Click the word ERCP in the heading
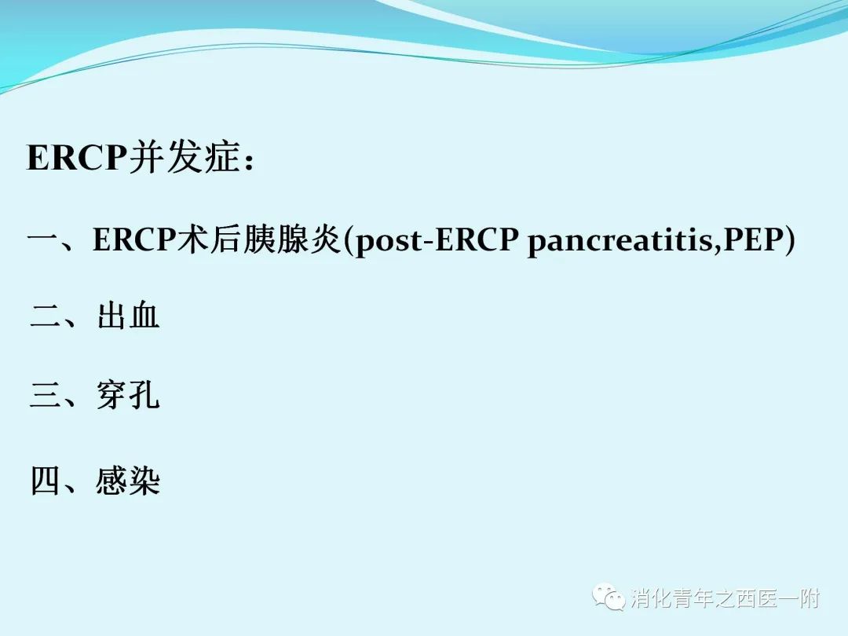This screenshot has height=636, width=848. point(76,157)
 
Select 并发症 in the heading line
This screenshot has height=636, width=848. point(185,157)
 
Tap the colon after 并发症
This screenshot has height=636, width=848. point(249,161)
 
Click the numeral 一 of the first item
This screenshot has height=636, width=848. point(43,239)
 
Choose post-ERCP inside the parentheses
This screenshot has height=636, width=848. point(436,239)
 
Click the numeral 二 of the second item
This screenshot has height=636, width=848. point(46,316)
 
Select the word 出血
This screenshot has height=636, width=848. point(128,315)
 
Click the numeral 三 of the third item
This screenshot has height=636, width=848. point(46,394)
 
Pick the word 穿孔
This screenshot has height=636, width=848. point(128,395)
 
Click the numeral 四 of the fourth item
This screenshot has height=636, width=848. point(46,481)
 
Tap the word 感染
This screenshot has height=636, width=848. point(128,481)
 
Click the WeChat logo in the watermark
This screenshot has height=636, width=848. point(609,597)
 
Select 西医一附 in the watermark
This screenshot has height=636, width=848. point(778,598)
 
